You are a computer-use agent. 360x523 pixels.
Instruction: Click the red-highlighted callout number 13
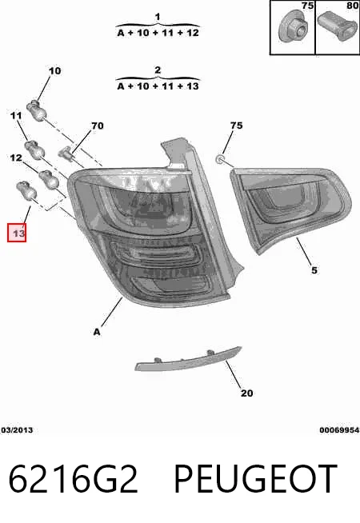[17, 233]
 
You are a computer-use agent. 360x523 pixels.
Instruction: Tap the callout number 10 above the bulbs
[55, 70]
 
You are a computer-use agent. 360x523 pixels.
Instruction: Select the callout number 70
[98, 126]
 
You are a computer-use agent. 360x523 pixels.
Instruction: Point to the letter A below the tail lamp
[97, 332]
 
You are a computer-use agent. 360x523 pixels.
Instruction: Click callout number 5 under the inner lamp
[314, 269]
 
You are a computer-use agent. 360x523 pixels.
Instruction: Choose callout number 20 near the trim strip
[247, 393]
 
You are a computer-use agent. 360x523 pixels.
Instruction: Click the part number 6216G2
[73, 479]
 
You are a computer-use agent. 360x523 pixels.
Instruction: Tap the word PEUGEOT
[255, 479]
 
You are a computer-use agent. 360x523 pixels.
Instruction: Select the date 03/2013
[17, 430]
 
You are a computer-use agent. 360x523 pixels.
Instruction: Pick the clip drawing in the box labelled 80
[338, 26]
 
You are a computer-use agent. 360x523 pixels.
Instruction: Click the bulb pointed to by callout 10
[36, 110]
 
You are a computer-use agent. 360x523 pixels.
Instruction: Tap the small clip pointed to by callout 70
[66, 153]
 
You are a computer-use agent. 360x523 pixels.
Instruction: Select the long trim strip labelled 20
[188, 359]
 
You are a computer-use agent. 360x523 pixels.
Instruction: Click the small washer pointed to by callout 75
[220, 159]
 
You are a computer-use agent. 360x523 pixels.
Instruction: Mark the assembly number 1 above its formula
[158, 16]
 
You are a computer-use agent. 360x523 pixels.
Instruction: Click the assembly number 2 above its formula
[158, 70]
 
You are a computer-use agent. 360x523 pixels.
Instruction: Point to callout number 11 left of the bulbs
[16, 116]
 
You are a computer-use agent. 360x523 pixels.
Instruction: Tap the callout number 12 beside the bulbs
[16, 158]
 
